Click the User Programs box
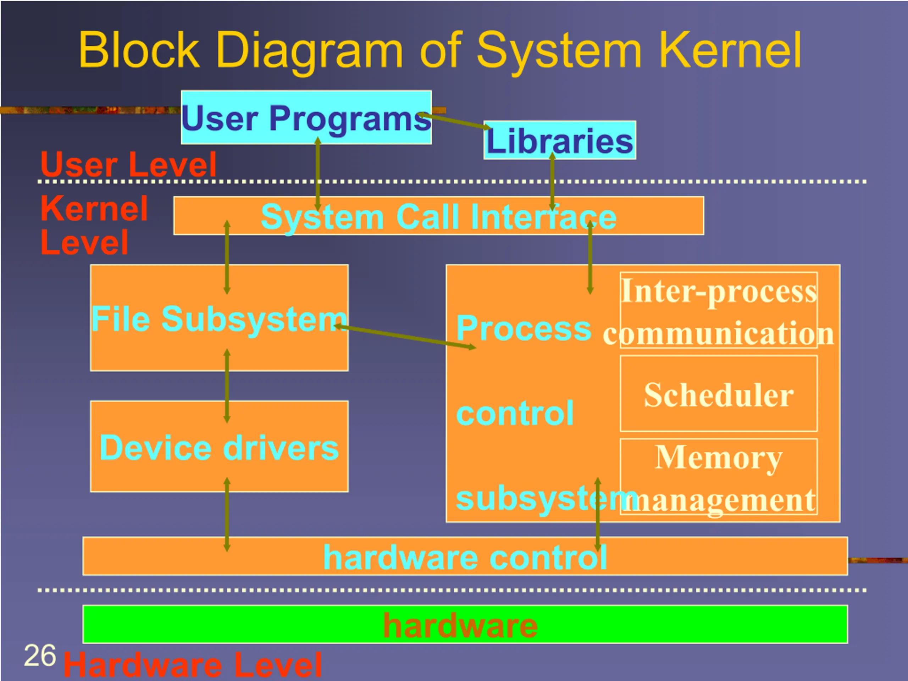point(306,117)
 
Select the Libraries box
point(560,140)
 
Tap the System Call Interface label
point(439,217)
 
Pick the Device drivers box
point(219,446)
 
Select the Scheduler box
point(718,394)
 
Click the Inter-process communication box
point(718,310)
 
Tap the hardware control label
point(465,557)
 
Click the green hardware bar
point(465,624)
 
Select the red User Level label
point(128,164)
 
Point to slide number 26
point(40,655)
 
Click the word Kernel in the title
point(730,50)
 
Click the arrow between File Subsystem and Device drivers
point(227,386)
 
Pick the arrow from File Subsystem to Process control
point(405,337)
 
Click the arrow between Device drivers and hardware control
point(227,514)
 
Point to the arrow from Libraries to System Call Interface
point(553,182)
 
